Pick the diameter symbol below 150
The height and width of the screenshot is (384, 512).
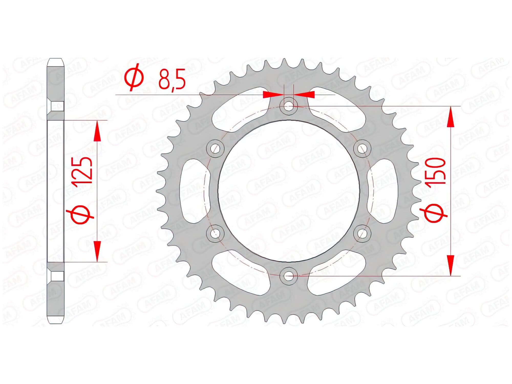pos(434,214)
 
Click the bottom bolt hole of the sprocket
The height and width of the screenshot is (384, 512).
pos(289,276)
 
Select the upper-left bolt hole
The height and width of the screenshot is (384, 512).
pos(215,148)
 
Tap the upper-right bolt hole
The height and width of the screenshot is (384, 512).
pos(362,148)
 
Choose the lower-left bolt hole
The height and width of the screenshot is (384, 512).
pos(215,233)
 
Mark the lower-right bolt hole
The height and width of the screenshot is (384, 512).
pos(362,233)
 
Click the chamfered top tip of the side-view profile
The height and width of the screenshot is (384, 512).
pos(56,62)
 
